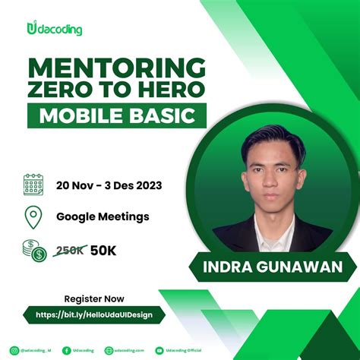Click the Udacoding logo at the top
coord(54,30)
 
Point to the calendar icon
coord(33,185)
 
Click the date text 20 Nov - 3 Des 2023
coord(109,185)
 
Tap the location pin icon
coord(33,216)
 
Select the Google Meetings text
coord(103,216)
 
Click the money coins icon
coord(33,251)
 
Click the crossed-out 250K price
coord(70,251)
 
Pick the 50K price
coord(104,251)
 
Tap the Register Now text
coord(93,298)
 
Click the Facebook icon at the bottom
coord(67,350)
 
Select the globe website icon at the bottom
coord(109,350)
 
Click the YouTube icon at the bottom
coord(159,350)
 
